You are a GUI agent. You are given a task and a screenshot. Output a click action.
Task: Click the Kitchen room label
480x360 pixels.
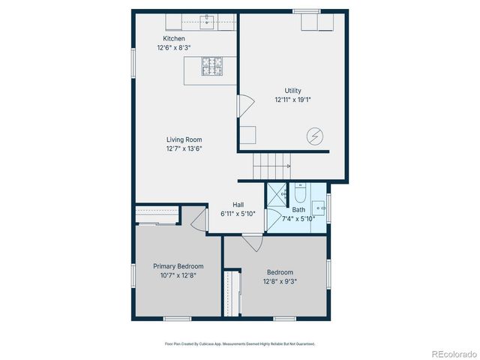[x=174, y=39]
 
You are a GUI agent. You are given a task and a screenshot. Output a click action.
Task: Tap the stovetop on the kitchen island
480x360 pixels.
[x=211, y=67]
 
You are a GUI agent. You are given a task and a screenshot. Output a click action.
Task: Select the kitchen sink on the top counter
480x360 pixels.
[x=208, y=22]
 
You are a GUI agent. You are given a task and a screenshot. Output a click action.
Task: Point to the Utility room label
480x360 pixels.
[x=292, y=90]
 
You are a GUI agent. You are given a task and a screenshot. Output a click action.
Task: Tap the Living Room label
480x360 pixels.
[x=184, y=139]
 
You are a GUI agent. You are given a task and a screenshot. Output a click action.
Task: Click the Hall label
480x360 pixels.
[x=238, y=205]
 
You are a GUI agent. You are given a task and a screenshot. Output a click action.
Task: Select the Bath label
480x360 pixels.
[x=299, y=209]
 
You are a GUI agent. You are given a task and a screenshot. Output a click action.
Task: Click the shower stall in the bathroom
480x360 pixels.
[x=277, y=193]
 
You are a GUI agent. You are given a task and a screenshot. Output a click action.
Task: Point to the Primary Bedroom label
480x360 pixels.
[x=178, y=266]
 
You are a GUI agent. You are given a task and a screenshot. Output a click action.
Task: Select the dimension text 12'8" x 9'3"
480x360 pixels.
[x=280, y=282]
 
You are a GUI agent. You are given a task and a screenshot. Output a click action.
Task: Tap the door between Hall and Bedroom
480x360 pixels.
[x=252, y=241]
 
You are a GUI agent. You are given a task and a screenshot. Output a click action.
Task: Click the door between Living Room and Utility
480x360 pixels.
[x=244, y=106]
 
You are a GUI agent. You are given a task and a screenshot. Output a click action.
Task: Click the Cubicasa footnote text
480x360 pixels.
[x=240, y=343]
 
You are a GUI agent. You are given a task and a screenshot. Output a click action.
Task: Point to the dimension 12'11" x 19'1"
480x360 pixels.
[x=292, y=100]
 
